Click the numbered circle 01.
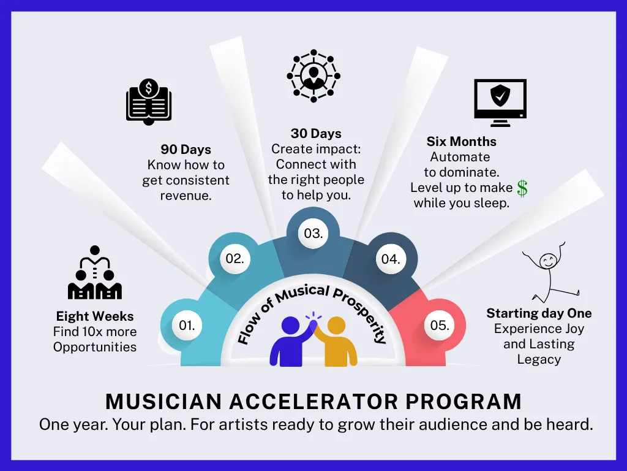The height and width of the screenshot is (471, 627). pos(187,325)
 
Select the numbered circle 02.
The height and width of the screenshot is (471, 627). pos(235,259)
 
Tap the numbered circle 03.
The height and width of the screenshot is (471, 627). pos(313,234)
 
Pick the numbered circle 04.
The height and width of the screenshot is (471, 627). pos(391,259)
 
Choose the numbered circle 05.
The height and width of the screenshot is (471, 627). pos(440,325)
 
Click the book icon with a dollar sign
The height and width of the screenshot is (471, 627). pos(149,102)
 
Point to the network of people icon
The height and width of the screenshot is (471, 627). pos(313,75)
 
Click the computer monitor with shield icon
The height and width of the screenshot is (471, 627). pos(500,103)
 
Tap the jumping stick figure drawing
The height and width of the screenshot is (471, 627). pos(550,272)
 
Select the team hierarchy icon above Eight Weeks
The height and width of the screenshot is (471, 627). pos(95,272)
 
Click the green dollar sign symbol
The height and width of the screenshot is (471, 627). pos(522,188)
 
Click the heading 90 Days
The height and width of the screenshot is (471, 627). pos(186,150)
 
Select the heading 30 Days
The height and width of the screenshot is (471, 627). pos(316,133)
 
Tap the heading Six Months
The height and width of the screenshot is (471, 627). pos(462,142)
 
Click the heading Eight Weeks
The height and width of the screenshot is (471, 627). pos(95,316)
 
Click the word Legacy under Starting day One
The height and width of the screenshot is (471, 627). pos(539,359)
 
